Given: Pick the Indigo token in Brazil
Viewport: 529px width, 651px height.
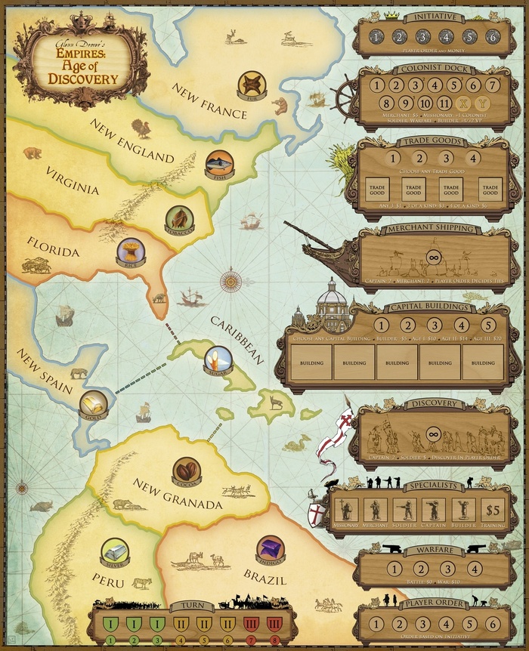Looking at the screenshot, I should [x=270, y=549].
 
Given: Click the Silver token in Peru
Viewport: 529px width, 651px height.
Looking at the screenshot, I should [x=116, y=551].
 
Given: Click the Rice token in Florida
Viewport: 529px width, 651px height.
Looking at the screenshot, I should [x=130, y=252].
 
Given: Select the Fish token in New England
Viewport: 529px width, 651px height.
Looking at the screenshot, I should [x=219, y=164].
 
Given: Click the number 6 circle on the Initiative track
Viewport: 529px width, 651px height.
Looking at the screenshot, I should [x=492, y=37].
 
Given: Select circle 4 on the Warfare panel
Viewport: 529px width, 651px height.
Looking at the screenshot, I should [x=474, y=569].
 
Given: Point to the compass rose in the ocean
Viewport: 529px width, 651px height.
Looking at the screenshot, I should [x=231, y=281].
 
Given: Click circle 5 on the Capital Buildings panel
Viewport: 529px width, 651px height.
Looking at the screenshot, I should [x=487, y=325].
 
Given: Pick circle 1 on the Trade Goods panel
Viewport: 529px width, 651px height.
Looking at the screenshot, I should [x=391, y=159].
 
